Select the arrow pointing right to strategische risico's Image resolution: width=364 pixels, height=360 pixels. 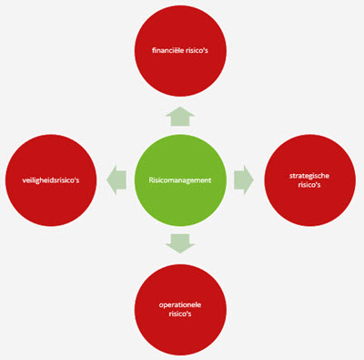243,180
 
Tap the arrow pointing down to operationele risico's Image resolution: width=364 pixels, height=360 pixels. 180,242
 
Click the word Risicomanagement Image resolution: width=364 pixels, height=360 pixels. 180,180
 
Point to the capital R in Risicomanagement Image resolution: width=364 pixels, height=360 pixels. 151,180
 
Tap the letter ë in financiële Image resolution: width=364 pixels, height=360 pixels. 181,50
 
